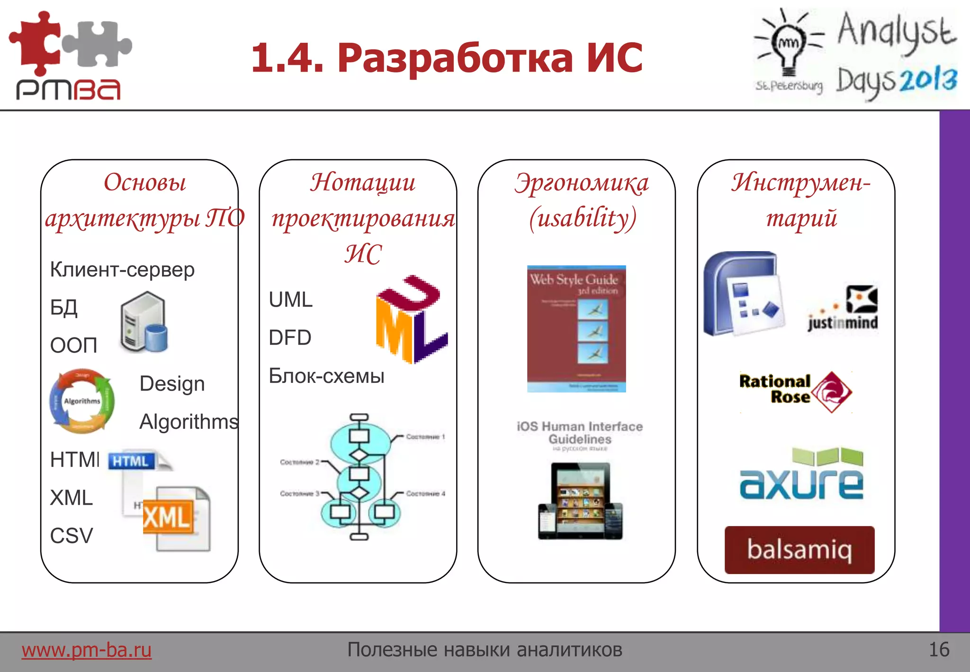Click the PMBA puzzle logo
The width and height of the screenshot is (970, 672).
(70, 54)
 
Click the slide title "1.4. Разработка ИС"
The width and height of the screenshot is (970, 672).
(447, 58)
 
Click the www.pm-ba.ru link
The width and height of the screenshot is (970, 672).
(86, 650)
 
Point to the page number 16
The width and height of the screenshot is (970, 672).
(939, 649)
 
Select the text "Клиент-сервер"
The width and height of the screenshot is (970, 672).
(122, 270)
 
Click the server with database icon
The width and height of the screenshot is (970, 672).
(144, 322)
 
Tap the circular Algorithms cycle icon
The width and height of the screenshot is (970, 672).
(82, 401)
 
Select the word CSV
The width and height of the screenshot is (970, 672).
(72, 536)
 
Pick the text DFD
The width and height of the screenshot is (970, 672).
(290, 338)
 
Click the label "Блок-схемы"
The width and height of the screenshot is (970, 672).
(326, 376)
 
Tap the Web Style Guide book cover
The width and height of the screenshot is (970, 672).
(576, 328)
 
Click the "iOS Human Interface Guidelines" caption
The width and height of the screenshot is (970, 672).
(580, 433)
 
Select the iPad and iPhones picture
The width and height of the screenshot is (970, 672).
(580, 501)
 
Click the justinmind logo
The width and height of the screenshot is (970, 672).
(843, 309)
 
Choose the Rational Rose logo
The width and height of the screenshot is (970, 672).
(795, 391)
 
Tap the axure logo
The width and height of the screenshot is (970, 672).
(801, 474)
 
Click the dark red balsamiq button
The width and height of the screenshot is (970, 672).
(799, 550)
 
